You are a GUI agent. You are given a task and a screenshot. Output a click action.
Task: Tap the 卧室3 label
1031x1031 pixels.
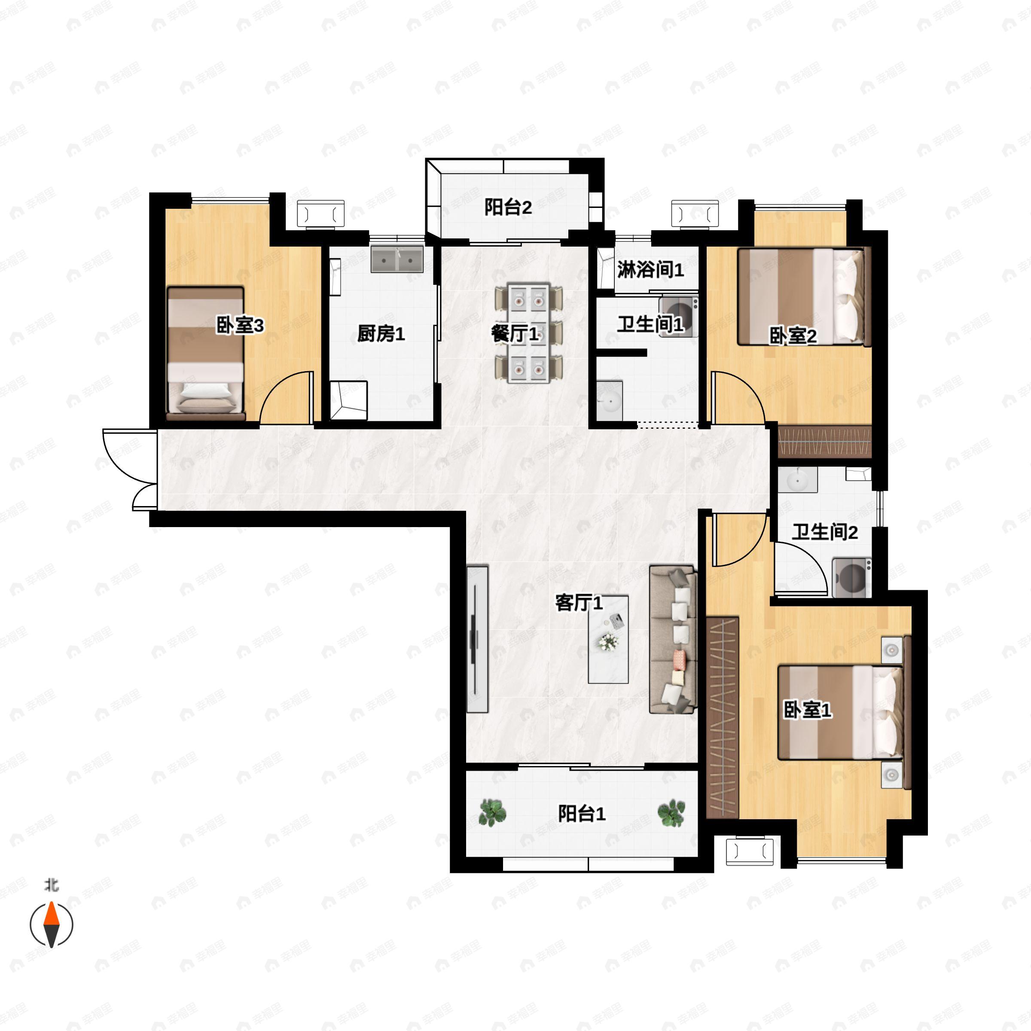point(240,325)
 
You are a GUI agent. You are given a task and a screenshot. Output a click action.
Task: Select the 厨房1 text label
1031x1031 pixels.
point(381,334)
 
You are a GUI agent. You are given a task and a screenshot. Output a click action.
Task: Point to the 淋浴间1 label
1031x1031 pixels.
point(650,270)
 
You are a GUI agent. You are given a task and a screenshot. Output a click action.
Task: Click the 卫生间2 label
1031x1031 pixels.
point(824,532)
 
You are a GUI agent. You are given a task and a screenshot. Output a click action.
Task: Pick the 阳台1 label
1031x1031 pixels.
point(582,814)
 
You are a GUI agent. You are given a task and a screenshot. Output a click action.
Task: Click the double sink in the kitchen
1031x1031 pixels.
point(397,259)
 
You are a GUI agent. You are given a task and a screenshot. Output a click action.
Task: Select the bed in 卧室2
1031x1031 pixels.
point(804,297)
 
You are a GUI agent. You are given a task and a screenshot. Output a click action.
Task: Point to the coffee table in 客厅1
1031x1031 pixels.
point(608,640)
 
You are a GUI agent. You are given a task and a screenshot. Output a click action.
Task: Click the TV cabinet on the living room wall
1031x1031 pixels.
point(477,639)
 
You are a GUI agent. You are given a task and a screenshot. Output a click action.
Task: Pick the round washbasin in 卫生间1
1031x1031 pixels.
point(609,399)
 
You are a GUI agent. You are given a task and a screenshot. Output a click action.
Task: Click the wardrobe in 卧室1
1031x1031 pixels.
point(722,718)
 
